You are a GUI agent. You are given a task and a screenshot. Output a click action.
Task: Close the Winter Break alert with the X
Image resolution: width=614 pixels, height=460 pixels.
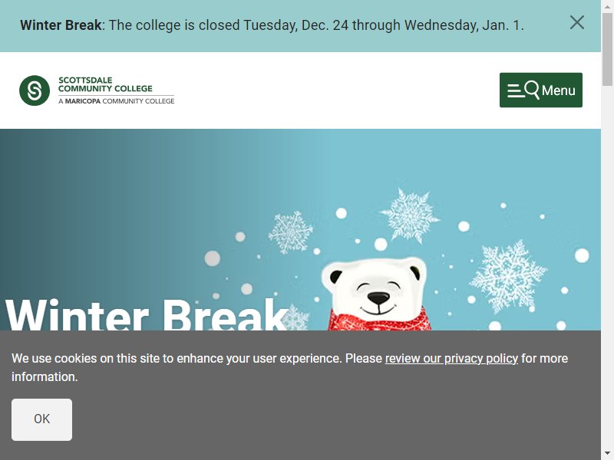tap(577, 23)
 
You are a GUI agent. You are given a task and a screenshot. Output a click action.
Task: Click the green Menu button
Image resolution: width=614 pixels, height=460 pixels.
tap(541, 90)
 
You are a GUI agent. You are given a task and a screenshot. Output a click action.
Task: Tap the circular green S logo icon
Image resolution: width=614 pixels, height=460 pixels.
tap(35, 90)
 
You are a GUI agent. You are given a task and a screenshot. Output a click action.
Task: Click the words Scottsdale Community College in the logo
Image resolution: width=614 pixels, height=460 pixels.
tap(105, 84)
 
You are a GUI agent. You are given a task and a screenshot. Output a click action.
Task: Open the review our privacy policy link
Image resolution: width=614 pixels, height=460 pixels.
tap(451, 358)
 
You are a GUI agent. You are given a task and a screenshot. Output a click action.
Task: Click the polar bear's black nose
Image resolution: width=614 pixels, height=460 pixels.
tap(378, 298)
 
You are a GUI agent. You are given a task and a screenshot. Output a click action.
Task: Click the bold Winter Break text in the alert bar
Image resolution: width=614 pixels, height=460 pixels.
tap(61, 25)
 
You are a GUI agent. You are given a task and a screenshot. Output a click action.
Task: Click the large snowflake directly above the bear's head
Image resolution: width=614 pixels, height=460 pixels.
tap(410, 215)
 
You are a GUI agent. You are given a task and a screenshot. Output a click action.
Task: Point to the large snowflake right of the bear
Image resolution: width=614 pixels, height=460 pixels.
tap(508, 277)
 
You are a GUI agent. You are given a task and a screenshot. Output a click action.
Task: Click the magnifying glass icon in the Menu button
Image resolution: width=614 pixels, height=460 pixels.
tap(532, 90)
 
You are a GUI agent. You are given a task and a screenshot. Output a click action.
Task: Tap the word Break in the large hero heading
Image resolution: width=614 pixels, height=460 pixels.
tap(225, 315)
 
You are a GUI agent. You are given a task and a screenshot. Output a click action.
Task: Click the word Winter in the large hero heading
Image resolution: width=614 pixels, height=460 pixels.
tap(78, 315)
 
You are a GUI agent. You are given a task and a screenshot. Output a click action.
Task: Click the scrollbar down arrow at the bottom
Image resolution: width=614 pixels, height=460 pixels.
tap(607, 455)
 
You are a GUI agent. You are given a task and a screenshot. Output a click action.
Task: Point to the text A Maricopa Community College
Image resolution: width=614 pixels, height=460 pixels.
tap(117, 101)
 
